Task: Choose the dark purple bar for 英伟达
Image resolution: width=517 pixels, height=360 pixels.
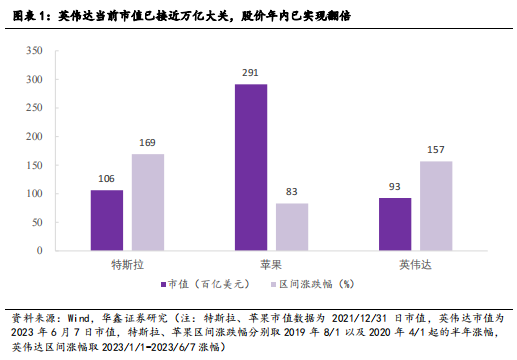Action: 395,220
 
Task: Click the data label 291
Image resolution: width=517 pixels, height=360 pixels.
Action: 251,73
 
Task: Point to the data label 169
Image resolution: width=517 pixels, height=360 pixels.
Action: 148,143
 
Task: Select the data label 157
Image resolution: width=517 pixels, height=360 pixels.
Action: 436,150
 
